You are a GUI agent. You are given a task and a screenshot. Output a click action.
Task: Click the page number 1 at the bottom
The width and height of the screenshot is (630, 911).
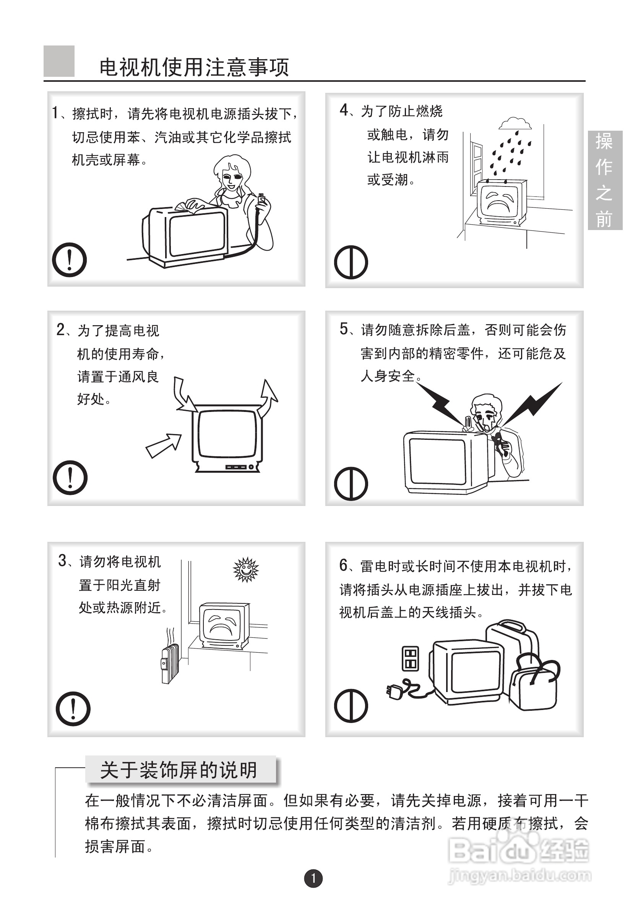313,878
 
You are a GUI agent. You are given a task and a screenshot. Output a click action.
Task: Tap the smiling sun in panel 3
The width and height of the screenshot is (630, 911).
245,569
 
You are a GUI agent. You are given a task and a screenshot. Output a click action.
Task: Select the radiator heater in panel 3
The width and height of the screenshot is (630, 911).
170,663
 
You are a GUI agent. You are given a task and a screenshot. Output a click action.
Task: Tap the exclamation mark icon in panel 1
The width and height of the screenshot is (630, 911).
70,260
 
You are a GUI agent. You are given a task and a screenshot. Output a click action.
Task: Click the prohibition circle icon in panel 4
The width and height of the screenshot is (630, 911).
351,263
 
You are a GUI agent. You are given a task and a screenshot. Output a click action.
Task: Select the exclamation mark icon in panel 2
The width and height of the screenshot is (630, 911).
70,477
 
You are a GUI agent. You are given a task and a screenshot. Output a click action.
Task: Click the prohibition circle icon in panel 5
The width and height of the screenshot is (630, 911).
351,484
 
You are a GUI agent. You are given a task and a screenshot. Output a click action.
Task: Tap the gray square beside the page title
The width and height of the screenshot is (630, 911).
59,61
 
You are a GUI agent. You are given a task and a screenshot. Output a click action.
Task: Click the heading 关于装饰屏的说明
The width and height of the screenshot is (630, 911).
179,770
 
